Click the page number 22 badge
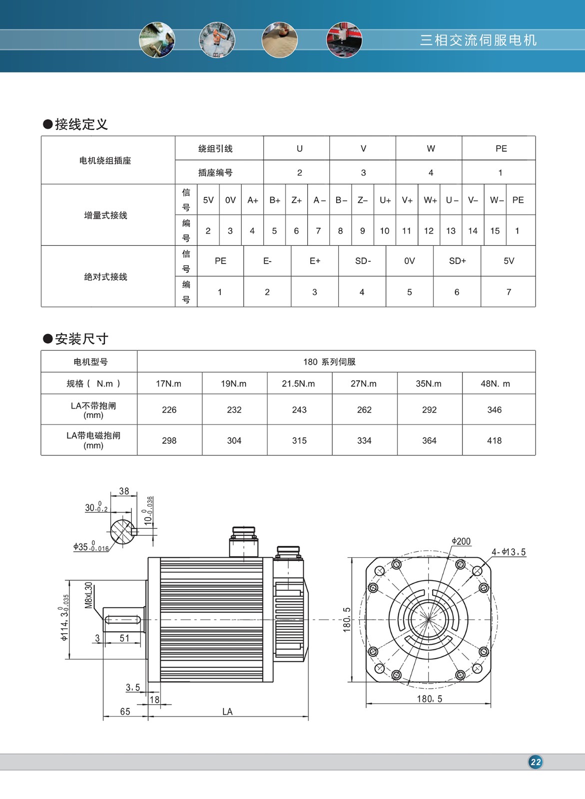tap(536, 762)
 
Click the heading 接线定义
tap(81, 124)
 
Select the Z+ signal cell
tap(296, 200)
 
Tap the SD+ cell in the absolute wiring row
tap(457, 261)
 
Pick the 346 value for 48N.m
tap(494, 410)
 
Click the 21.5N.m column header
tap(298, 384)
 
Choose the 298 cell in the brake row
tap(169, 440)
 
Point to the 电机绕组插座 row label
tap(105, 160)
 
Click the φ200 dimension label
tap(461, 541)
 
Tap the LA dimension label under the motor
tap(227, 712)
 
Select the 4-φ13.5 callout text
tap(508, 552)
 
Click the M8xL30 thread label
tap(89, 595)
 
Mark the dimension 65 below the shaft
tap(125, 712)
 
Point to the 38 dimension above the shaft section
tap(124, 491)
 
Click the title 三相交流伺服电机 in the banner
tap(478, 40)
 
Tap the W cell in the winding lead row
tap(431, 148)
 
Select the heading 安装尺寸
tap(81, 339)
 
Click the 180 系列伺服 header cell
tap(329, 362)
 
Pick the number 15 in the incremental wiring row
tap(495, 231)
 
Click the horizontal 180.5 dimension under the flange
tap(430, 699)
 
